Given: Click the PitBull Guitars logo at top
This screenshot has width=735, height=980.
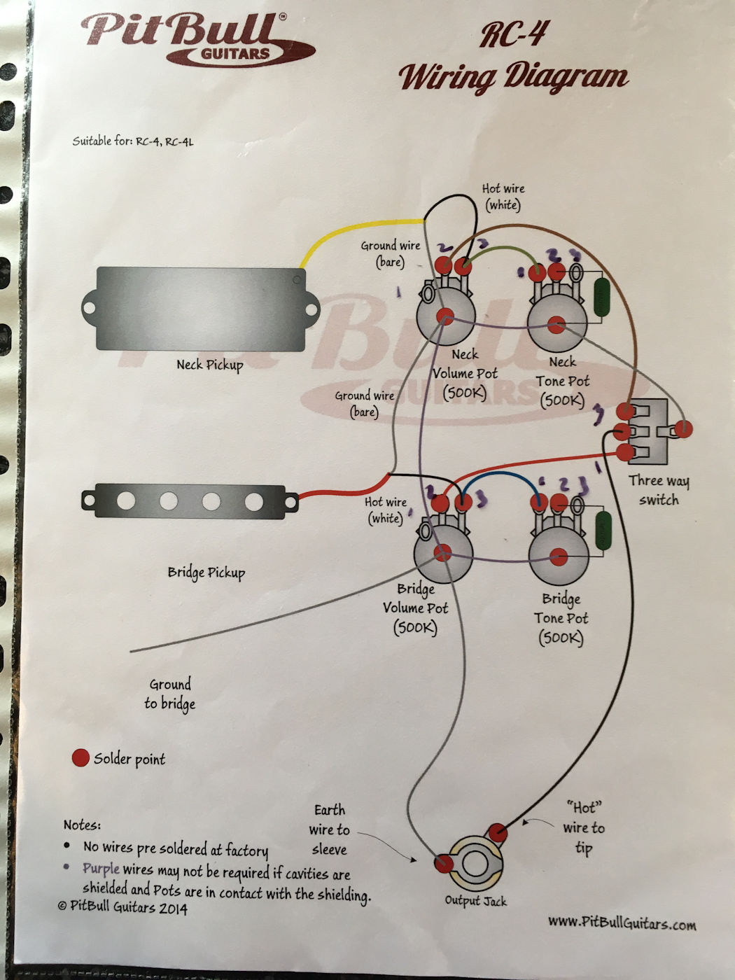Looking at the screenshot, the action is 199,39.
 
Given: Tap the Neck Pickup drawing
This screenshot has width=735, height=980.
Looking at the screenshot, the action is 200,309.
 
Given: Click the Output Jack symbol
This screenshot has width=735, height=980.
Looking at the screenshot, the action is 475,862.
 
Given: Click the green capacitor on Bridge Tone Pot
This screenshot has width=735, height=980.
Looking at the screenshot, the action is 603,531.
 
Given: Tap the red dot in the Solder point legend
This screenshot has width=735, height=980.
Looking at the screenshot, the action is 80,758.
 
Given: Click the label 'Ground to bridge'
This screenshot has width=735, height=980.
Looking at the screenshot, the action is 169,694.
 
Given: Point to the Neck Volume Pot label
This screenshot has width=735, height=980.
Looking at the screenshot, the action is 465,374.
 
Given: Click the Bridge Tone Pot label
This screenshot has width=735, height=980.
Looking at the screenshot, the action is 561,618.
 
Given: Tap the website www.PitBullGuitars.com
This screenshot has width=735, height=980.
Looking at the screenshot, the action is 622,923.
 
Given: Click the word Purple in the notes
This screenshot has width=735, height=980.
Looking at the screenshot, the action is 101,869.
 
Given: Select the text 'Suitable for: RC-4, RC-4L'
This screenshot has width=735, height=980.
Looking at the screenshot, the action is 133,141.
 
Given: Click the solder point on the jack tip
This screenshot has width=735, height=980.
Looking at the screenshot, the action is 498,832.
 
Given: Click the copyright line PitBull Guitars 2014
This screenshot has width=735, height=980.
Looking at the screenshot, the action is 122,906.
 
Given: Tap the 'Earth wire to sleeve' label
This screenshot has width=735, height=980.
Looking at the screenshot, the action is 329,829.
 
